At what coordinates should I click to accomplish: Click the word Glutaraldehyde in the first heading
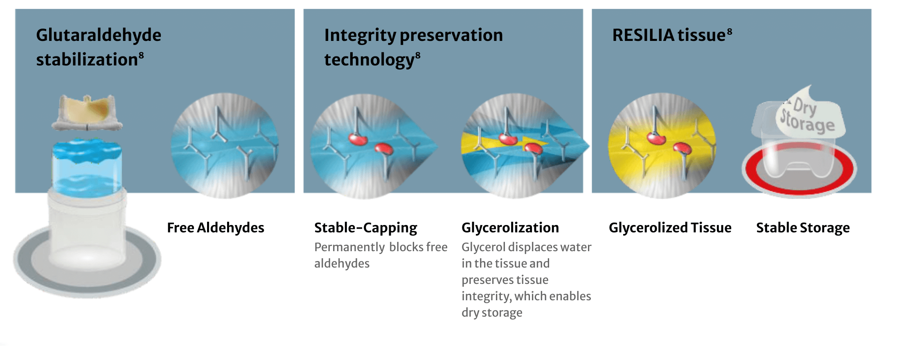tap(98, 35)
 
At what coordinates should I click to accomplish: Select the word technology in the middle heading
tap(369, 60)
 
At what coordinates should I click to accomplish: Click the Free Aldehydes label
tap(215, 227)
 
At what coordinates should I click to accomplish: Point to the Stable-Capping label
tap(365, 227)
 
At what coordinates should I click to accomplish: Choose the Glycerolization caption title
tap(510, 227)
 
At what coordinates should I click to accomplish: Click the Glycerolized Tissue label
tap(670, 227)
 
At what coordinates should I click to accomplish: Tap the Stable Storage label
tap(802, 227)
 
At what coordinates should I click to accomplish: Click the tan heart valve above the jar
tap(87, 110)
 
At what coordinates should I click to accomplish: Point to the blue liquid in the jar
tap(87, 168)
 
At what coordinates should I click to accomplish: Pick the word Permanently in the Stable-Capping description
tap(349, 247)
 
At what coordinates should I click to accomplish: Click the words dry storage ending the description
tap(491, 313)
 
